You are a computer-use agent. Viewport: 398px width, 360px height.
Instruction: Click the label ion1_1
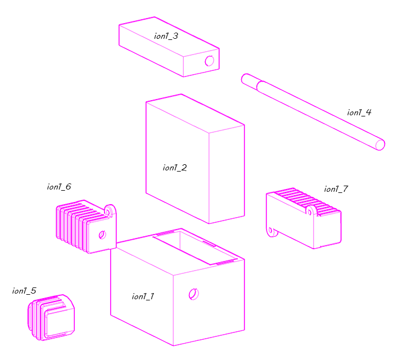[142, 296]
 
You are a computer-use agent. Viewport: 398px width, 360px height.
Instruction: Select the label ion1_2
[174, 168]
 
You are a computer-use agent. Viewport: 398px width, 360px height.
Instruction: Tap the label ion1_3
[166, 36]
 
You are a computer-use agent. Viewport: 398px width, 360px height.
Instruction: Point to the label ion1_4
[359, 112]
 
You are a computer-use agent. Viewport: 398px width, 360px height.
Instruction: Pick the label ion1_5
[24, 291]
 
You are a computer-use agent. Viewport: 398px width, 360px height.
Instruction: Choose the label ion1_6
[59, 187]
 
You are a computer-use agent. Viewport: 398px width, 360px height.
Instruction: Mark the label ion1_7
[336, 189]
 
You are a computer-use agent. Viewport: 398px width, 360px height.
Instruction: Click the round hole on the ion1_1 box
[193, 294]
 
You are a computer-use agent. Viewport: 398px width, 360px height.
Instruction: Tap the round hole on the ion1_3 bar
[210, 61]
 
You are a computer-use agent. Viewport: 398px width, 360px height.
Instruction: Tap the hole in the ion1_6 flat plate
[102, 235]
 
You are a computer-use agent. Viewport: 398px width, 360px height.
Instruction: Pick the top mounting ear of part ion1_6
[110, 210]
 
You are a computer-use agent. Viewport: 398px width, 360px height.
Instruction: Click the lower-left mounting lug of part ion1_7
[272, 231]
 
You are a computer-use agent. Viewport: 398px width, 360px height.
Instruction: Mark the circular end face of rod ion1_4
[380, 145]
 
